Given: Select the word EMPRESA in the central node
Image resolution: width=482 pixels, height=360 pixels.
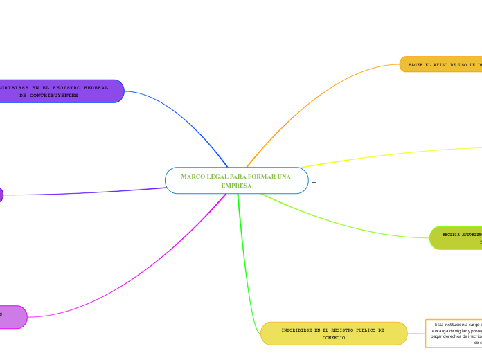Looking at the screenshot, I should [x=236, y=186].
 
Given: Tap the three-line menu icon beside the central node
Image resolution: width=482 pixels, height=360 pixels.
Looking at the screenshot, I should [x=314, y=181].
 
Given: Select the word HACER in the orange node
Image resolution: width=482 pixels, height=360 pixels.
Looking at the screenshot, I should [x=416, y=64].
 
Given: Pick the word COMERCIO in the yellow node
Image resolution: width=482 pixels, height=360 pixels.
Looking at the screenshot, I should [x=334, y=337].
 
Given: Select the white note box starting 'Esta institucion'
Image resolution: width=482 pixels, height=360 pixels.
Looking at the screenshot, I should [x=454, y=333].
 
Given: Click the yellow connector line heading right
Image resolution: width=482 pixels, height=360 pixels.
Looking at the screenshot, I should [x=388, y=154].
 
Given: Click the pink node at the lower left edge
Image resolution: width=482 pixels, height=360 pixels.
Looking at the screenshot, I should [x=12, y=316].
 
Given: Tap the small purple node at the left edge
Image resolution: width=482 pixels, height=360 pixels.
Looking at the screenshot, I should [x=1, y=195].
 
